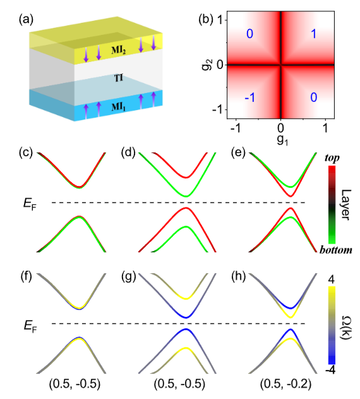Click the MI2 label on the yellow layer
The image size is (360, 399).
point(119,50)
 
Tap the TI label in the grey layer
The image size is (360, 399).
point(119,78)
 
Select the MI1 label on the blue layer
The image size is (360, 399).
point(119,107)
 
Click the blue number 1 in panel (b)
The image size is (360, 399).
point(314,34)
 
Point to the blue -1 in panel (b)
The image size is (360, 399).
point(250,97)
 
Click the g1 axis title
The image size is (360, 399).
point(282,140)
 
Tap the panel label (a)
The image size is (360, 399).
point(26,20)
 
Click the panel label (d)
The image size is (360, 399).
point(129,153)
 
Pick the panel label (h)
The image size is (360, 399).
point(239,276)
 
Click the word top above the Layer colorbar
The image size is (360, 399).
point(332,158)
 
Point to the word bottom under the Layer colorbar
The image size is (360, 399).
point(336,250)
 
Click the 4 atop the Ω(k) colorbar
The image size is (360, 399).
point(332,280)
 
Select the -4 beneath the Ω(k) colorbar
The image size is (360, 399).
point(330,370)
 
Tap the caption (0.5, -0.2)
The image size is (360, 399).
point(285,384)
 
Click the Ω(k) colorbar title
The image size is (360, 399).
point(345,328)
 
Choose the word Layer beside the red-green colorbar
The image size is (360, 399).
point(345,205)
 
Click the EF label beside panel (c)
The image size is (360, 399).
point(30,204)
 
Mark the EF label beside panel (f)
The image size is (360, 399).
point(30,326)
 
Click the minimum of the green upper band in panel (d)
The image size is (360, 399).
point(186,196)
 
